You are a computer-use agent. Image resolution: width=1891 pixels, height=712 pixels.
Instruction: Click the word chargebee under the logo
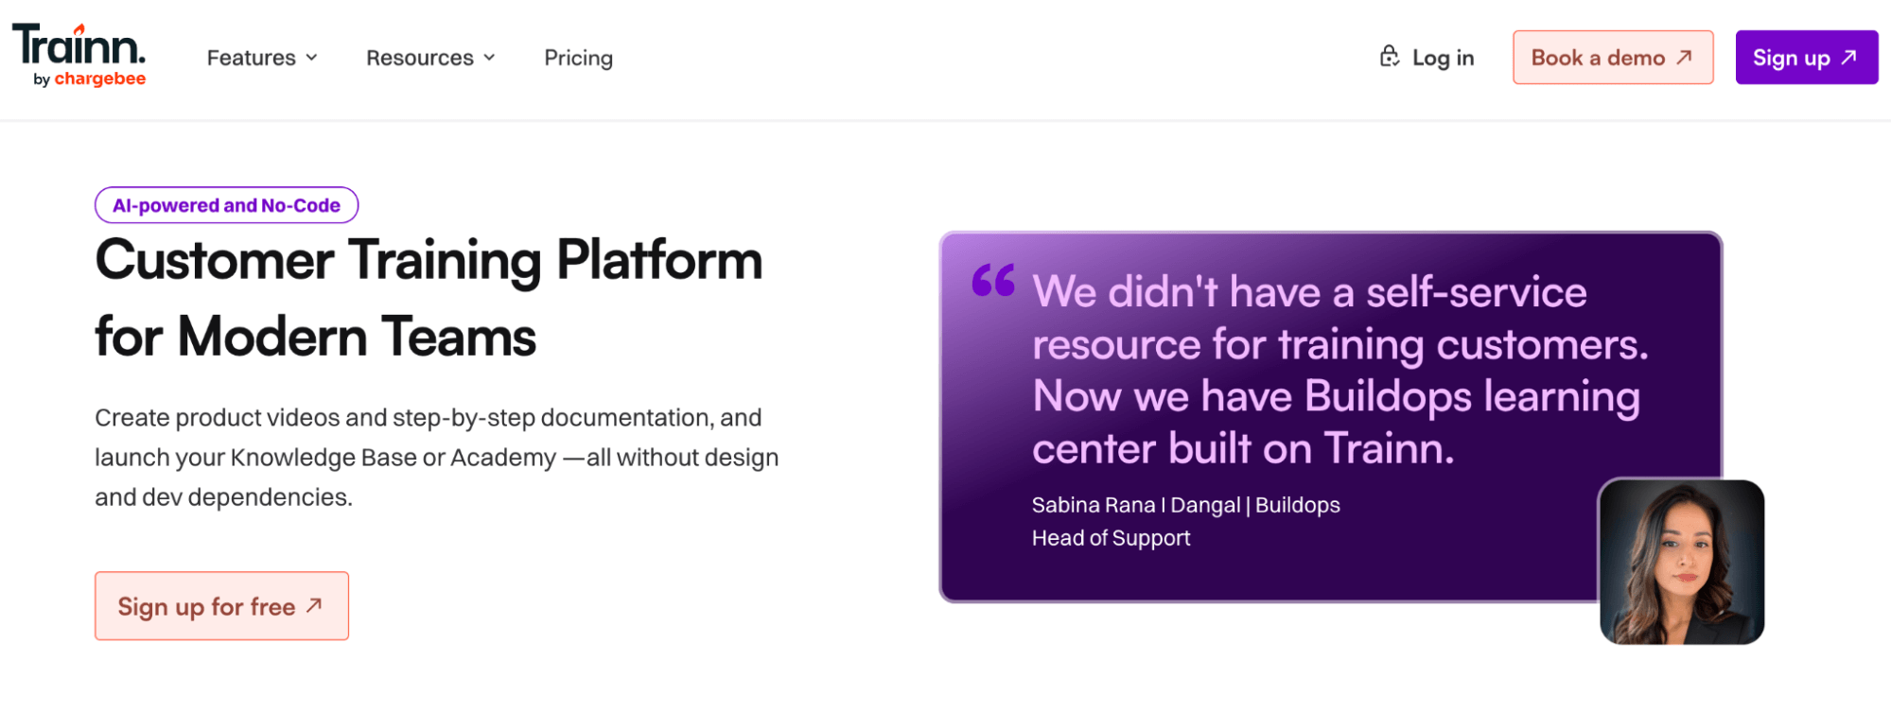[100, 78]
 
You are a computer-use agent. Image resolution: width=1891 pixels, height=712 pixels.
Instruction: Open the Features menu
[262, 58]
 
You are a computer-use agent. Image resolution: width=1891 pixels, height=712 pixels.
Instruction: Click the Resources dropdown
[430, 58]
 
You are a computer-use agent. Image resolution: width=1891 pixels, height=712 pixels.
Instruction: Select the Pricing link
[578, 58]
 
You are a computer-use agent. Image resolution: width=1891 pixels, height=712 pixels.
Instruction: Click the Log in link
[1443, 58]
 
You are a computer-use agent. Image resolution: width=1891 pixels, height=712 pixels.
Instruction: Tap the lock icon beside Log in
[1389, 56]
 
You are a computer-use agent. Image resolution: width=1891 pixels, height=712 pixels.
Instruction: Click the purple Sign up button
[1806, 58]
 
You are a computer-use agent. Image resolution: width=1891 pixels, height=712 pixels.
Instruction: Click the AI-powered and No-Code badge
[226, 205]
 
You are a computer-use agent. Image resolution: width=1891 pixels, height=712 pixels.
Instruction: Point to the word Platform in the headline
[659, 260]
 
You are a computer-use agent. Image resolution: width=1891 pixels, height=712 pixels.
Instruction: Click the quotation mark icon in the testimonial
[993, 280]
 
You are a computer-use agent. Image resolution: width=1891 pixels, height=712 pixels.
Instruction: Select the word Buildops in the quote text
[1388, 397]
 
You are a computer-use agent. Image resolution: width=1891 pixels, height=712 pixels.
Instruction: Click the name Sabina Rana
[1094, 505]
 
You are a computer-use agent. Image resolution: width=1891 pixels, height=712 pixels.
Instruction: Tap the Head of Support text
[1111, 538]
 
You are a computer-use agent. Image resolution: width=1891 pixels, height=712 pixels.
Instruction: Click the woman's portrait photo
[1682, 563]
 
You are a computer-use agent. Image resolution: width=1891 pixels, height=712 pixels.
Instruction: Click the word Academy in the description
[503, 458]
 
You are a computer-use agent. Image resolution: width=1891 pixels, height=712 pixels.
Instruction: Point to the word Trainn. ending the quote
[1389, 448]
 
